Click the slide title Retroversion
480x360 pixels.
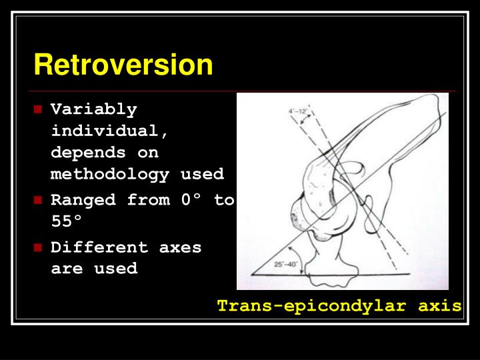(x=123, y=65)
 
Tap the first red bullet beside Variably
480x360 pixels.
(x=39, y=109)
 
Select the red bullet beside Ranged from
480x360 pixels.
(x=39, y=200)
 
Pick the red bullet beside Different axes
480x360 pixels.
(x=39, y=247)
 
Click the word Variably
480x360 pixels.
(x=93, y=109)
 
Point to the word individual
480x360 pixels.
(x=109, y=131)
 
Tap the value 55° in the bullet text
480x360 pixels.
(x=69, y=221)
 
